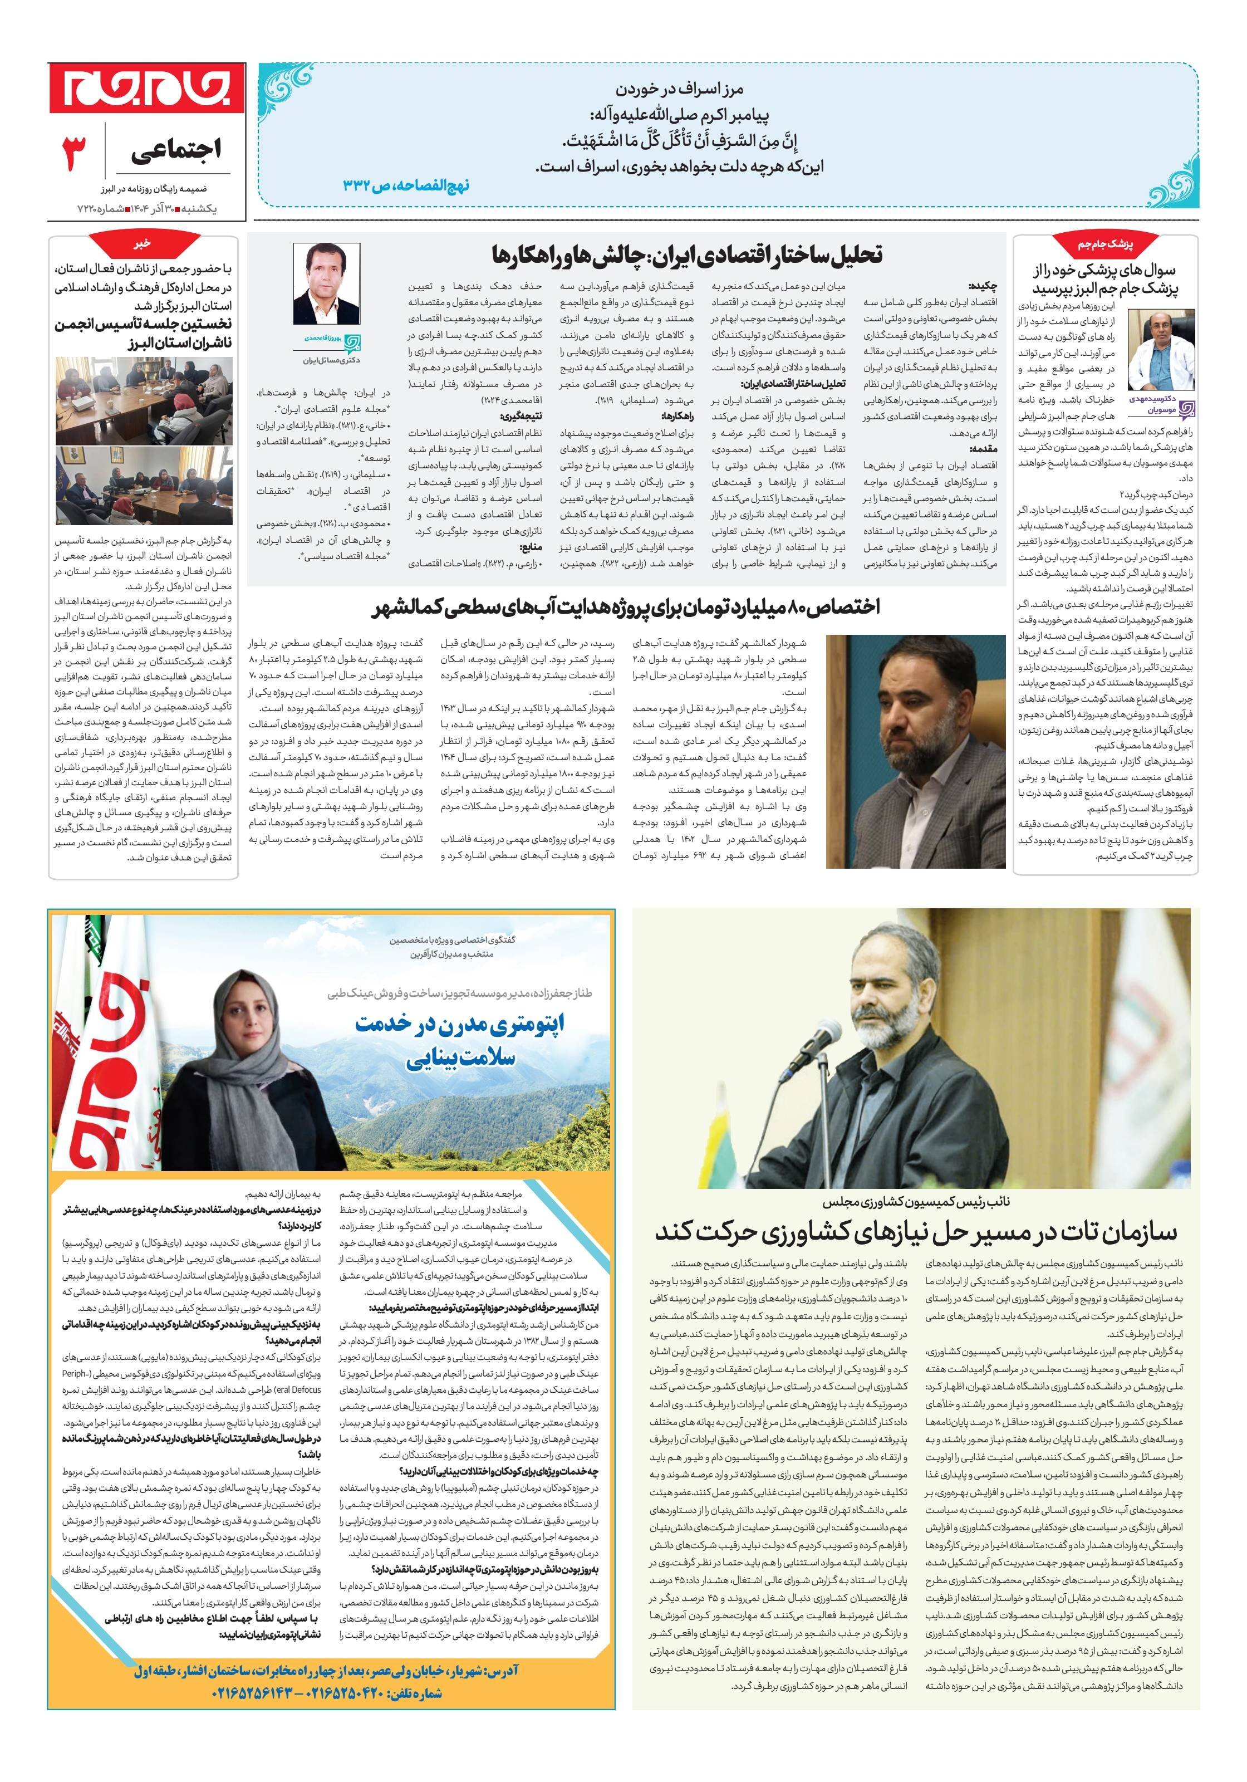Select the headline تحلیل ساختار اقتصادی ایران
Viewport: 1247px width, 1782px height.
pyautogui.click(x=688, y=254)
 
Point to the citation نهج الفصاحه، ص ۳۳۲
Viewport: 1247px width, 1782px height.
pyautogui.click(x=406, y=185)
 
